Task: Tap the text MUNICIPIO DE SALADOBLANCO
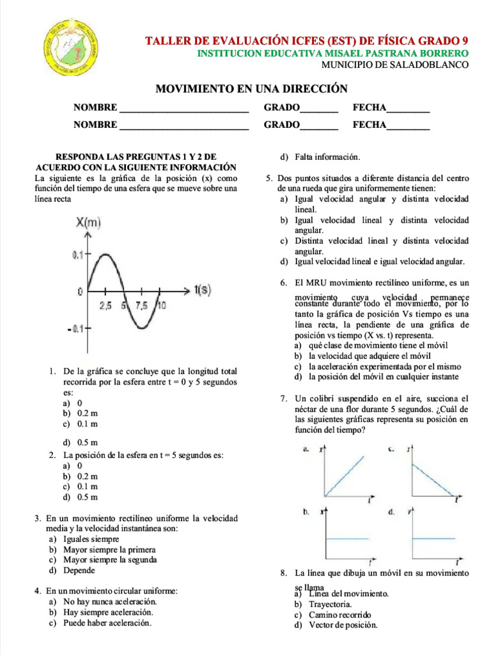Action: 394,65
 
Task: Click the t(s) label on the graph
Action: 202,290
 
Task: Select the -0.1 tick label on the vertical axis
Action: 77,329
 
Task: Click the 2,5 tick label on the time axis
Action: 105,305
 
